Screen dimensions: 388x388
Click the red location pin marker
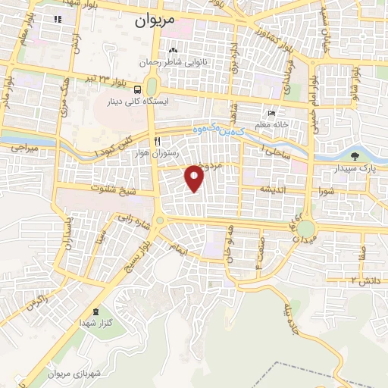195,178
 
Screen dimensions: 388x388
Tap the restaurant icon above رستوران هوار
158,141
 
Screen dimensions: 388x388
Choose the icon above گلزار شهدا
95,311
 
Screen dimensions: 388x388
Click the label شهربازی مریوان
73,374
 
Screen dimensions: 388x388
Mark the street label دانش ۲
364,280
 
